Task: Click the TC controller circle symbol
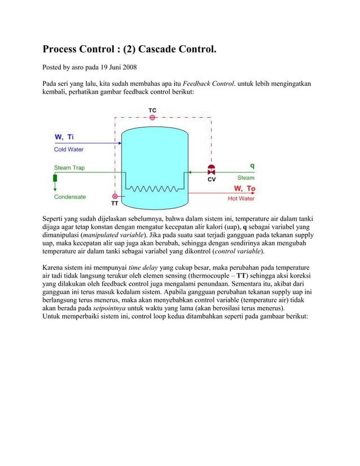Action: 152,118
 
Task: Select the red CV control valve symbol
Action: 212,170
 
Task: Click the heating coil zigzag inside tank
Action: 153,187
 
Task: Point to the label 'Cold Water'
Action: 69,150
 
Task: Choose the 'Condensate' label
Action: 70,197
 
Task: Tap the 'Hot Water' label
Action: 241,199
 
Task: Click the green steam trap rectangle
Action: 55,179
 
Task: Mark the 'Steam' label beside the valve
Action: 245,178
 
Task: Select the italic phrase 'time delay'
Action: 143,267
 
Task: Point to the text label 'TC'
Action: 152,109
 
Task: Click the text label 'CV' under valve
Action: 212,180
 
